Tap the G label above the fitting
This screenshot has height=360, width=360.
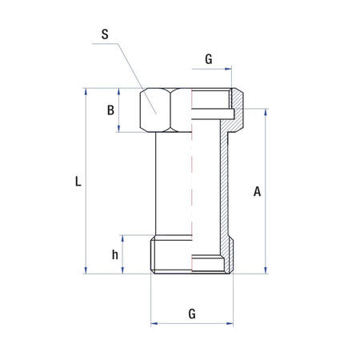tap(209, 58)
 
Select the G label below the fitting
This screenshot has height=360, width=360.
tap(192, 314)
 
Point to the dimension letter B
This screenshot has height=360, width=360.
tap(111, 110)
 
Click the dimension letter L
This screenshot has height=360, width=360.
tap(78, 182)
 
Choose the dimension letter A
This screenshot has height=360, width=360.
tap(257, 191)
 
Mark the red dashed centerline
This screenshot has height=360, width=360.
tap(191, 184)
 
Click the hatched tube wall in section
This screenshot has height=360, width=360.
tap(226, 184)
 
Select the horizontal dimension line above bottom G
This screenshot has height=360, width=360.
tap(192, 324)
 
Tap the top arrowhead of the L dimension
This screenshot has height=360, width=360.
tap(86, 92)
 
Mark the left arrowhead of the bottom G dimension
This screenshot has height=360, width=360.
tap(154, 324)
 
